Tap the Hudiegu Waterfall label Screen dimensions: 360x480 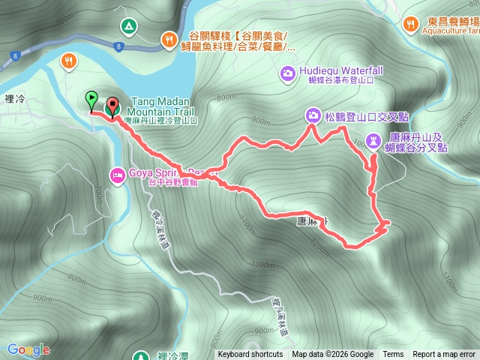[340, 70]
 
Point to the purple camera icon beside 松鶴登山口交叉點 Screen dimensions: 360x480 [312, 115]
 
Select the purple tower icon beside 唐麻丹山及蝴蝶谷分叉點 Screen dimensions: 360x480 [374, 141]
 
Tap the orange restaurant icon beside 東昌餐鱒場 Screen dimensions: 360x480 [410, 24]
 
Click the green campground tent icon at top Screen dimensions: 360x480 [128, 28]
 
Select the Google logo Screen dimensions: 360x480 [28, 349]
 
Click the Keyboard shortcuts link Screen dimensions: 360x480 [250, 355]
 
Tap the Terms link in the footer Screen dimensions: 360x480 [393, 355]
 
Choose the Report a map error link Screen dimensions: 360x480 [444, 355]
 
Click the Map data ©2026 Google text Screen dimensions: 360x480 [333, 355]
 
